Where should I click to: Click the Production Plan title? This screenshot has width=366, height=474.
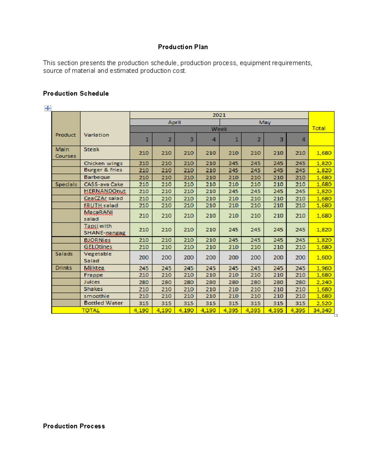(183, 47)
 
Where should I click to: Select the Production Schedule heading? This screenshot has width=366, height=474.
(76, 93)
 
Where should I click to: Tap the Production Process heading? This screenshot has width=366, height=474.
(74, 426)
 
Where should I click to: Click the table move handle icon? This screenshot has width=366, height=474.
(48, 108)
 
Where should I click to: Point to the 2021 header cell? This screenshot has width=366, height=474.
(219, 115)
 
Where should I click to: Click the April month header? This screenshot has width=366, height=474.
(174, 122)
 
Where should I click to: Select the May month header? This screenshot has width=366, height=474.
(264, 122)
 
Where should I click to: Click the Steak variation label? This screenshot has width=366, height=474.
(91, 149)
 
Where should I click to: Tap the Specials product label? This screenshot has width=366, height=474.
(66, 184)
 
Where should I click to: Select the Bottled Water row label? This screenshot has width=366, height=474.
(103, 303)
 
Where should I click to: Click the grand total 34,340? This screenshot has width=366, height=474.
(322, 310)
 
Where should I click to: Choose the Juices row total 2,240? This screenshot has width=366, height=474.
(324, 282)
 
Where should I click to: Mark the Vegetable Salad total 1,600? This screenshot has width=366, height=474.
(324, 257)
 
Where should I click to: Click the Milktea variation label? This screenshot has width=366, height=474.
(94, 268)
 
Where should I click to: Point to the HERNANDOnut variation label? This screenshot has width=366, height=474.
(105, 191)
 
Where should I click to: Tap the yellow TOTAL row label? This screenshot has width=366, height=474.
(91, 310)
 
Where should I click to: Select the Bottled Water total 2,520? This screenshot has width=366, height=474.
(324, 303)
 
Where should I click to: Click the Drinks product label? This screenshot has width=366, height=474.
(63, 268)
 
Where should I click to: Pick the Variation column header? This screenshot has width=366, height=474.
(96, 135)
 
